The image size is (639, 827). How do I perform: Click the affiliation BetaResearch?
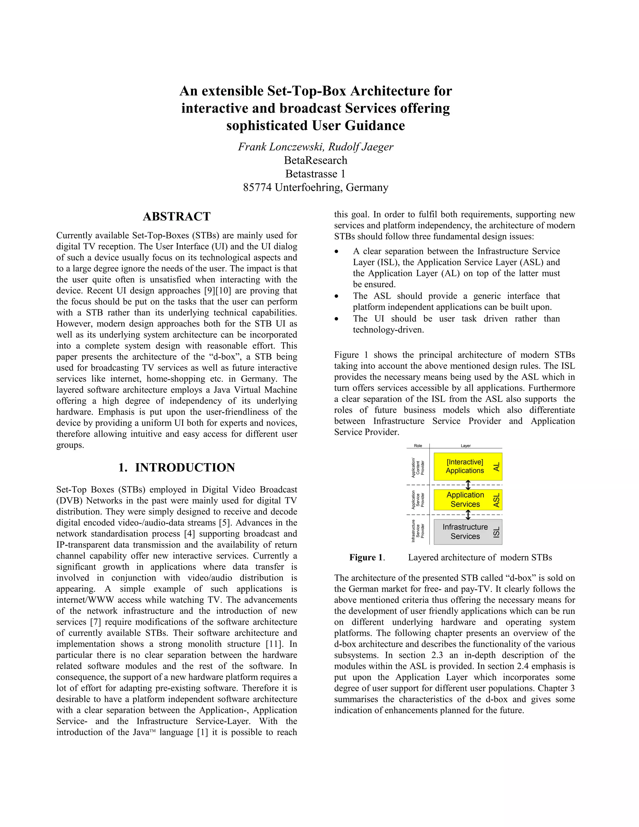[315, 160]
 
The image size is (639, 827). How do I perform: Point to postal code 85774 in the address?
[257, 188]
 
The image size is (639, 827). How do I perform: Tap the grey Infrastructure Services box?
[465, 532]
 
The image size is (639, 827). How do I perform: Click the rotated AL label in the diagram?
[497, 467]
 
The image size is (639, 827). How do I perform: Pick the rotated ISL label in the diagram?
[497, 532]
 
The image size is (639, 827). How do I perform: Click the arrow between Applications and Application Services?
[468, 485]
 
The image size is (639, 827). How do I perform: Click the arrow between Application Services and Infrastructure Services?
[468, 515]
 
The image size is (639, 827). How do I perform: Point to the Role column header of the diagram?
[418, 446]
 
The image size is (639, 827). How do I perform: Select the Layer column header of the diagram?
[465, 446]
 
